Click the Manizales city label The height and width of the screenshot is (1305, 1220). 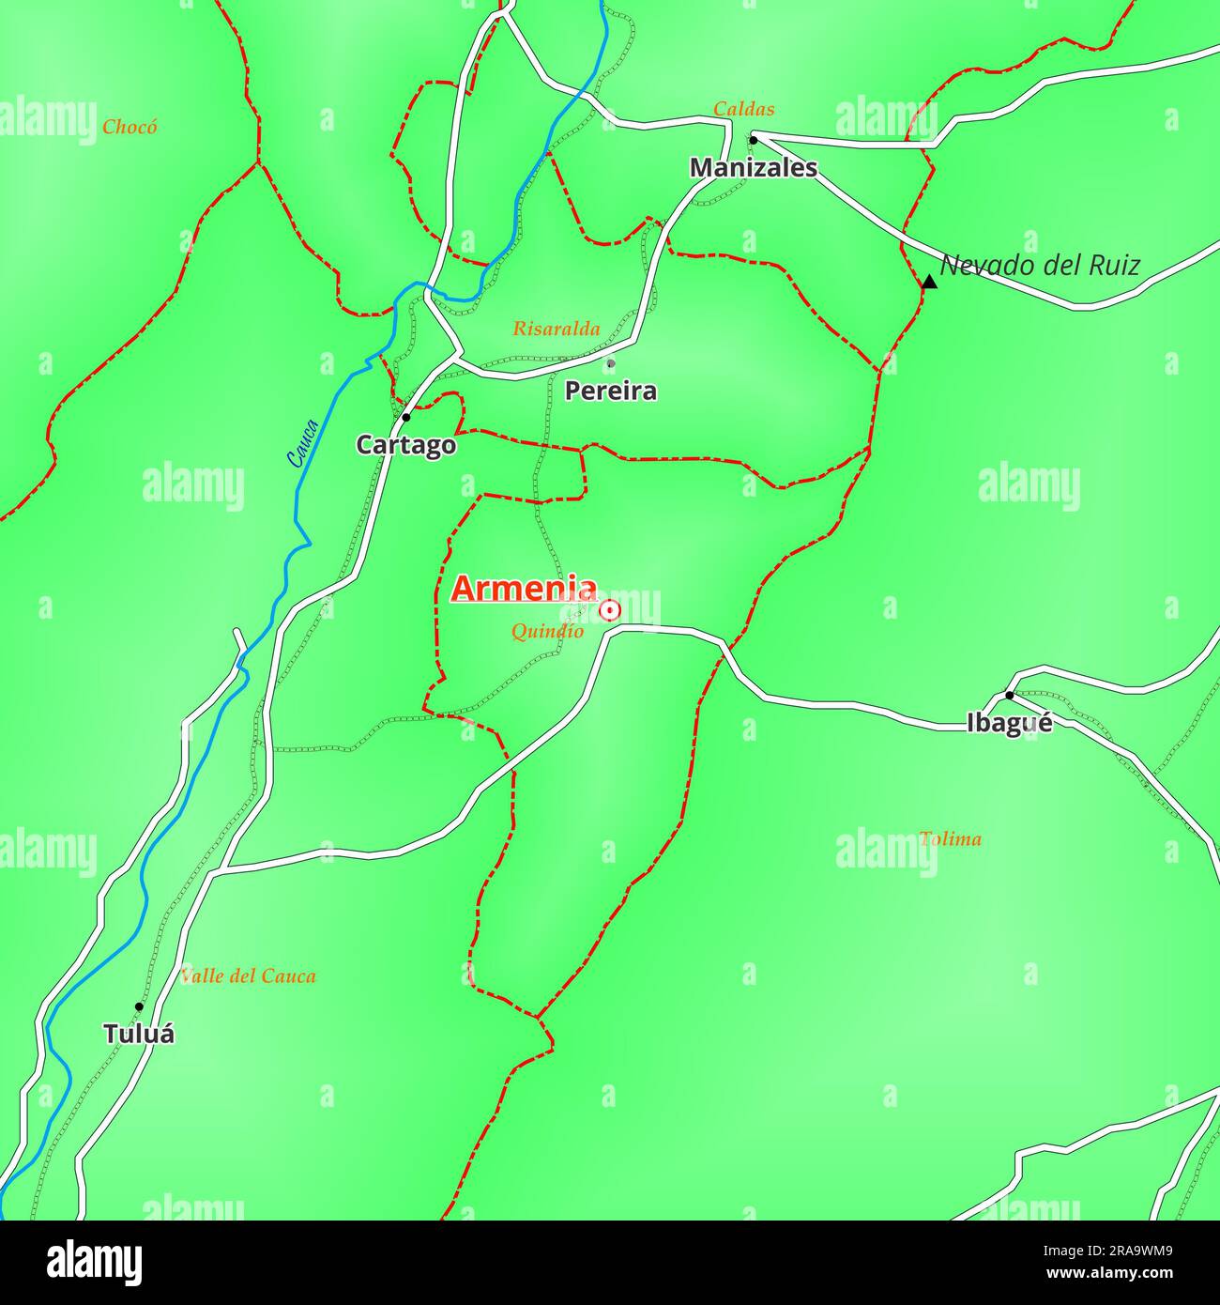pyautogui.click(x=753, y=168)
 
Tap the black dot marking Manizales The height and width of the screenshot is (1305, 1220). pyautogui.click(x=753, y=140)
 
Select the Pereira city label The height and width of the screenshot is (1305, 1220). pyautogui.click(x=610, y=391)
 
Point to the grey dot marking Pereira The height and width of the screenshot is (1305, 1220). pyautogui.click(x=610, y=363)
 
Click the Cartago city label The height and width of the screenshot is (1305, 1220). pyautogui.click(x=405, y=445)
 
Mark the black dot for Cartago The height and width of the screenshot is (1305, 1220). pyautogui.click(x=405, y=417)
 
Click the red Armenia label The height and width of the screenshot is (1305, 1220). pyautogui.click(x=524, y=589)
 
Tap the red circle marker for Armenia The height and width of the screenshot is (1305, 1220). pyautogui.click(x=610, y=611)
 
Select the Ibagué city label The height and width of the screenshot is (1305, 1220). pyautogui.click(x=1009, y=723)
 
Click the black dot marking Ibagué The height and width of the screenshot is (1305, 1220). pyautogui.click(x=1009, y=696)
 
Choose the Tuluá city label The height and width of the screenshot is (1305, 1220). pyautogui.click(x=139, y=1034)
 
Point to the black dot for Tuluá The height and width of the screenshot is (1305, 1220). pyautogui.click(x=139, y=1006)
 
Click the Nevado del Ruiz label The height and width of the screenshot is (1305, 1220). pyautogui.click(x=1040, y=266)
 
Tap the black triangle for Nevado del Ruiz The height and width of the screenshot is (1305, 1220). pyautogui.click(x=929, y=282)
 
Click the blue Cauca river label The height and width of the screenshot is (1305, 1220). pyautogui.click(x=303, y=443)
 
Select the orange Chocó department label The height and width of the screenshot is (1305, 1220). pyautogui.click(x=130, y=127)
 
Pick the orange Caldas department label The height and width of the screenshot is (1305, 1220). pyautogui.click(x=743, y=109)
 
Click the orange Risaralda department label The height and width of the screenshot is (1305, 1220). pyautogui.click(x=556, y=329)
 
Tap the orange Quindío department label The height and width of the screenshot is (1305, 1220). pyautogui.click(x=547, y=632)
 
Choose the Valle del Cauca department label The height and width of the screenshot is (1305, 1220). pyautogui.click(x=248, y=976)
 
